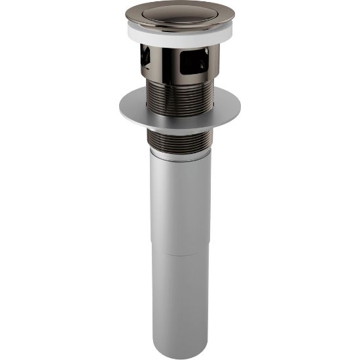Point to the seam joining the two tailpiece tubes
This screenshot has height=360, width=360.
(x=179, y=251)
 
